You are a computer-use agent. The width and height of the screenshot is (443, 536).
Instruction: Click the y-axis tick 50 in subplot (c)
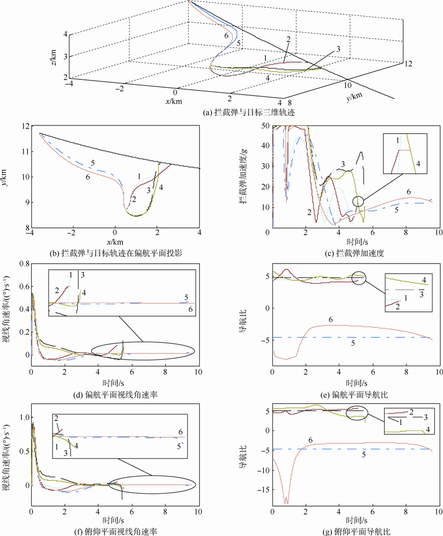265,127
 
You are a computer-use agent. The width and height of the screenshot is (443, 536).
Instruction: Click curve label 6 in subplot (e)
331,320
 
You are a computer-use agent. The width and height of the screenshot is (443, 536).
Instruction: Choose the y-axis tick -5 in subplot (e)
265,337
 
